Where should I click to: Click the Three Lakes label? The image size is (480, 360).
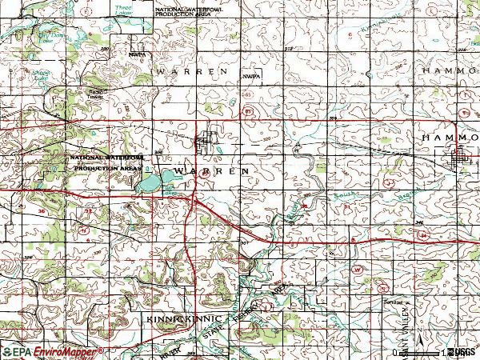tap(122, 10)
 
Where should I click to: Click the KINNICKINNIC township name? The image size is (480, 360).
tap(178, 318)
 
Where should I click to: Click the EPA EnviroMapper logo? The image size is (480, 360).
tap(53, 351)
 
